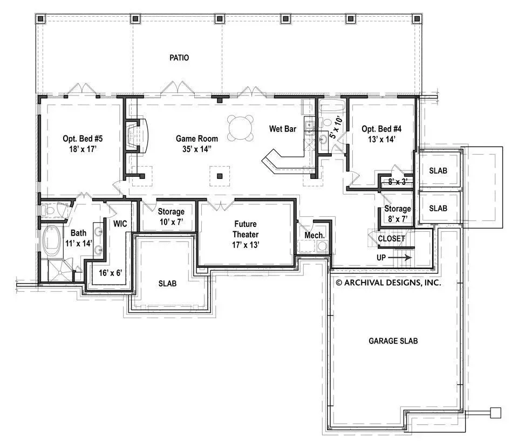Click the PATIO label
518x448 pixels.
(x=179, y=58)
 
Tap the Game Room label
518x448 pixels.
(x=196, y=139)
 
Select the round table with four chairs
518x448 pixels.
(x=241, y=128)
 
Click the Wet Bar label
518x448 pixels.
(x=282, y=129)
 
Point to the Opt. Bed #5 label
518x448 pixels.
(x=83, y=139)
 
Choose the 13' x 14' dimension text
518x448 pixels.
(x=381, y=139)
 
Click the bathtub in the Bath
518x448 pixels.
(x=52, y=240)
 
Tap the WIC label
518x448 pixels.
(x=120, y=224)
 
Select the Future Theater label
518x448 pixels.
(x=246, y=229)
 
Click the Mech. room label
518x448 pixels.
(x=315, y=236)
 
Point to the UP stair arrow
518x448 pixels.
(x=399, y=258)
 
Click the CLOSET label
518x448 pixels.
(x=392, y=238)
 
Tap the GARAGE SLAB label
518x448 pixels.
(x=393, y=341)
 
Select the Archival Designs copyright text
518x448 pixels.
(x=388, y=282)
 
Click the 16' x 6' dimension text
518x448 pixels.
(x=110, y=273)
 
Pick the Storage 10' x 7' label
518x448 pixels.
(x=171, y=217)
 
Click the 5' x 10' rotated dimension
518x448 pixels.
(x=336, y=127)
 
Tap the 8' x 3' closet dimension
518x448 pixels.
(x=398, y=182)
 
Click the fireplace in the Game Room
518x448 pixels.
(x=136, y=135)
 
